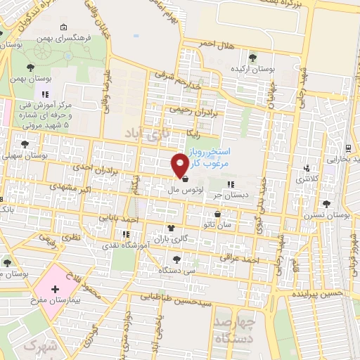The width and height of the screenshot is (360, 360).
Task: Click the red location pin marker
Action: (x=180, y=164)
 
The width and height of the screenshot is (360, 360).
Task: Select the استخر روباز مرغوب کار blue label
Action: (x=217, y=157)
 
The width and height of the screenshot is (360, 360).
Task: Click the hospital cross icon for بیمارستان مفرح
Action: (x=56, y=290)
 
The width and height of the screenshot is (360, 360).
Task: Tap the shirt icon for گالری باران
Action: (x=171, y=228)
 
